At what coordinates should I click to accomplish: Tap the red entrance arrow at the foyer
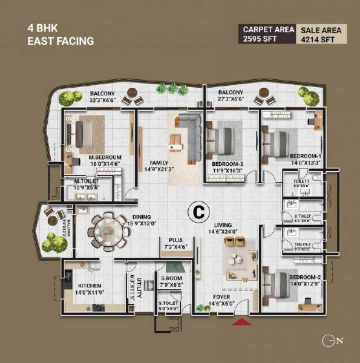coord(241,322)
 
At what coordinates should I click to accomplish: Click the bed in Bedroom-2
coord(277,285)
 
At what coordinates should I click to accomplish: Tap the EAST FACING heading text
coord(61,42)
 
